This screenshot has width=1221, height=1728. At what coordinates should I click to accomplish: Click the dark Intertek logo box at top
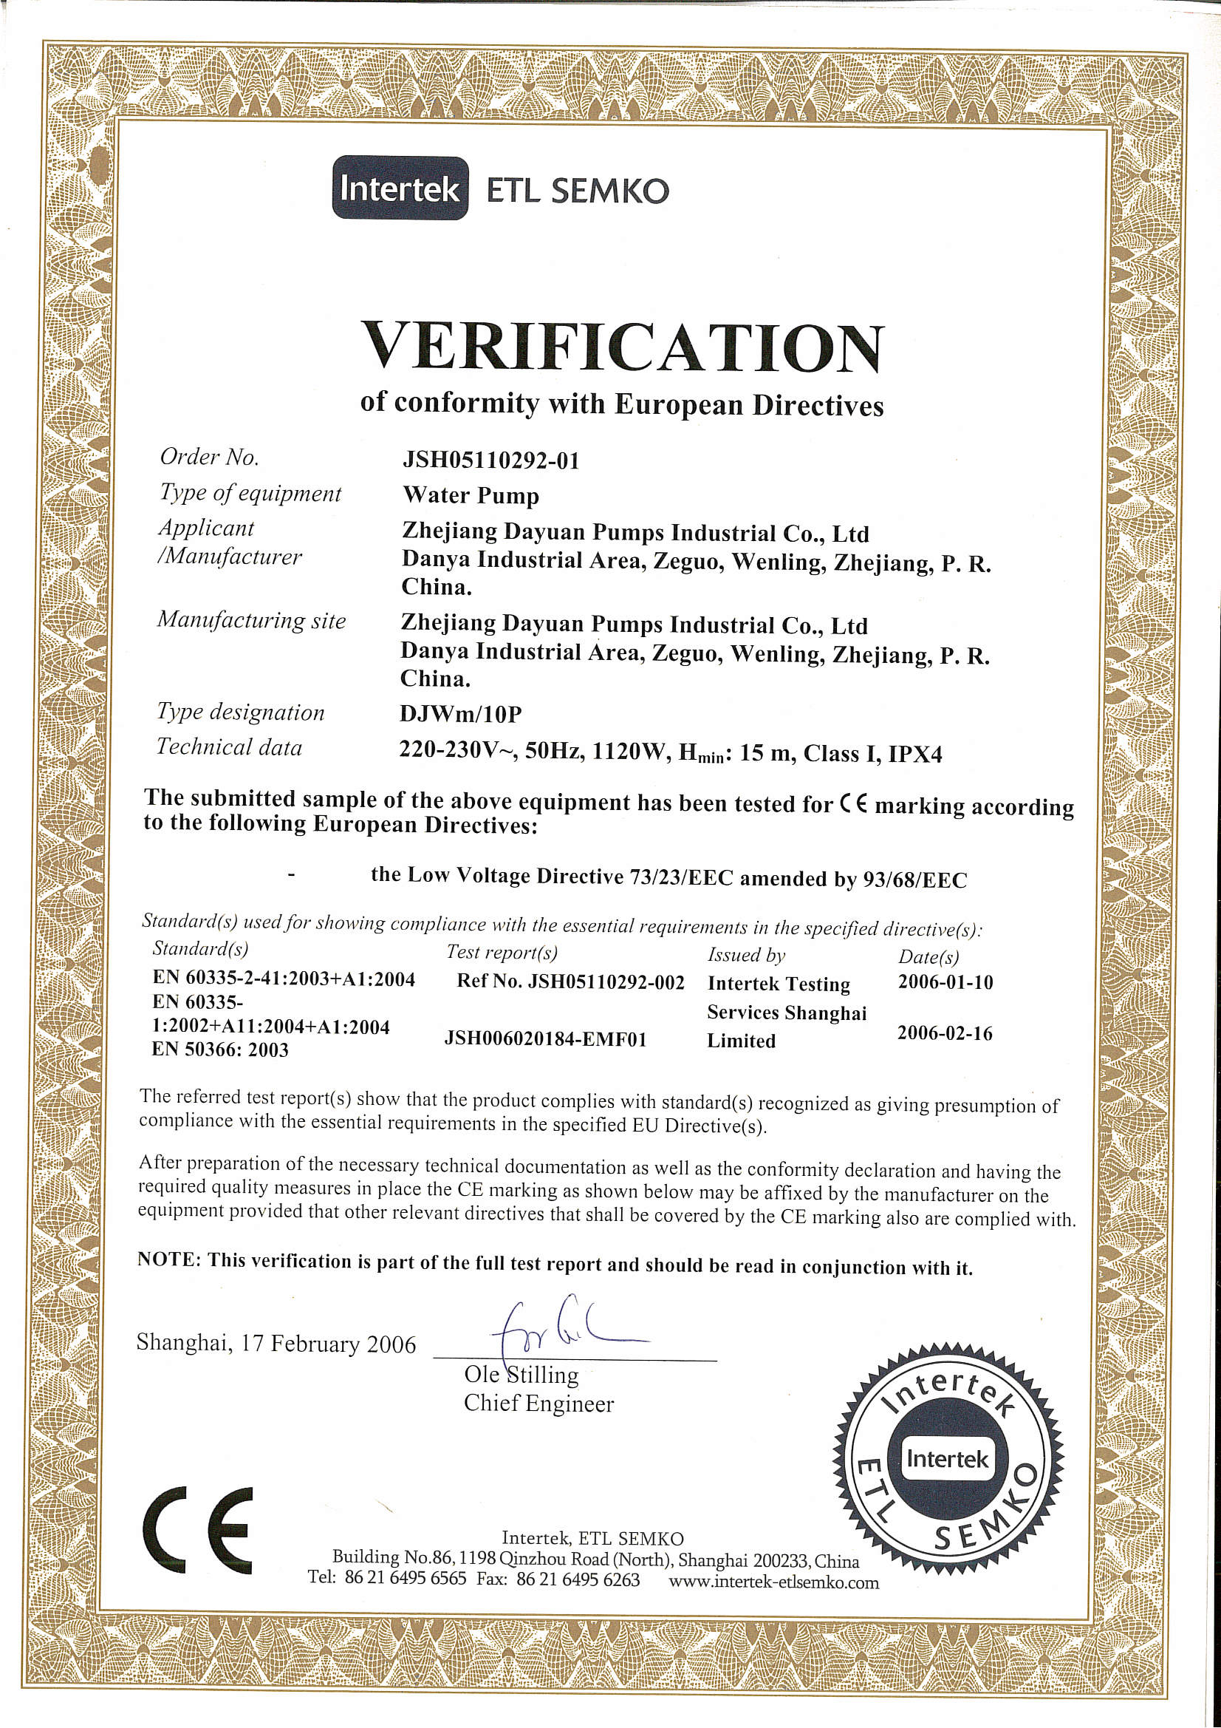point(400,188)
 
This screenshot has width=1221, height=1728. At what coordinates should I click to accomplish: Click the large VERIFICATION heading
point(622,347)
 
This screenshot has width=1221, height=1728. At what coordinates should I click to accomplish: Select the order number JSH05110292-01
point(491,460)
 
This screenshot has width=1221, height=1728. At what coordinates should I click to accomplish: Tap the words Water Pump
point(471,495)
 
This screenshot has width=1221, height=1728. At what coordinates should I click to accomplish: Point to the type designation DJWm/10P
point(460,712)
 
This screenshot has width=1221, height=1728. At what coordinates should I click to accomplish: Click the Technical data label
point(230,746)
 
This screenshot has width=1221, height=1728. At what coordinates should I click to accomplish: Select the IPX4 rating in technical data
point(914,754)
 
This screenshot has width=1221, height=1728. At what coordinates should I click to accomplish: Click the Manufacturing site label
point(251,620)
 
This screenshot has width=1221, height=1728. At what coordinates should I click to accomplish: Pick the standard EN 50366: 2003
point(219,1050)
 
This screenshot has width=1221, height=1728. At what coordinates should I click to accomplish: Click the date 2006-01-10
point(945,982)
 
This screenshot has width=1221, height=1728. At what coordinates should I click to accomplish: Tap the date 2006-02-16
point(944,1033)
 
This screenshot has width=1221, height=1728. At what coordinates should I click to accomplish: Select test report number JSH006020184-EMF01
point(545,1039)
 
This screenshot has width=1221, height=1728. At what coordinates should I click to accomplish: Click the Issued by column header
point(745,955)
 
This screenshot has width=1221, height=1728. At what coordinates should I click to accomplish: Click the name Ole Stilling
point(521,1374)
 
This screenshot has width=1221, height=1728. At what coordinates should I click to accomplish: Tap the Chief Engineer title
point(538,1404)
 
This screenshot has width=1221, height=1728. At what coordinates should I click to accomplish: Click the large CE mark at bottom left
point(198,1530)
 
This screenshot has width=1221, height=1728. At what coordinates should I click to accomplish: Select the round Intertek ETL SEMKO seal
point(947,1458)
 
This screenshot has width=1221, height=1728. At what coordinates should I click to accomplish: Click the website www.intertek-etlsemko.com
point(773,1581)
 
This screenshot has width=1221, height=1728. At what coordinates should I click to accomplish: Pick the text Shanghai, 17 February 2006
point(276,1344)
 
